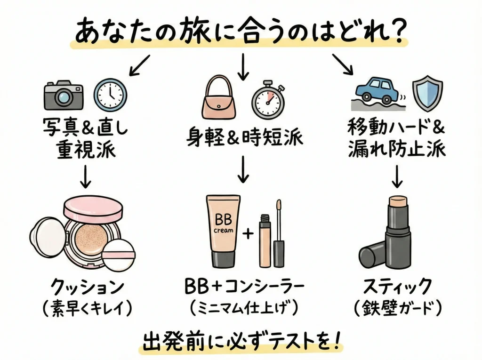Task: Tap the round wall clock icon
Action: coord(110,94)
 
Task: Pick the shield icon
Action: coord(427,91)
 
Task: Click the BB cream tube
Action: coord(221,230)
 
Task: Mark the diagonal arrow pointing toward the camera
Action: coord(139,64)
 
